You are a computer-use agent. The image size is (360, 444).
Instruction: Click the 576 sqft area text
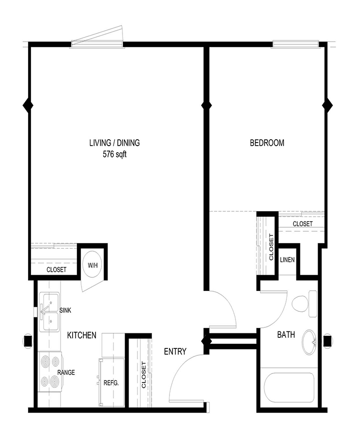coord(114,154)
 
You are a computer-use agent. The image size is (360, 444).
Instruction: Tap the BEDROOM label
coord(267,143)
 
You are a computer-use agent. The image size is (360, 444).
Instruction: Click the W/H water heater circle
coord(92,265)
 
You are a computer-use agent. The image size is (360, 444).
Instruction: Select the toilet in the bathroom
coord(304,304)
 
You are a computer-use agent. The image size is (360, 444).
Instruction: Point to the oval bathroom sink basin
coord(310,342)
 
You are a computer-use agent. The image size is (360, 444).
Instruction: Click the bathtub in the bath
coord(289,387)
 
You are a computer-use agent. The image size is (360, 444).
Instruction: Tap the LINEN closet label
coord(287,259)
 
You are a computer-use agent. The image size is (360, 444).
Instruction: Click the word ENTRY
coord(175,351)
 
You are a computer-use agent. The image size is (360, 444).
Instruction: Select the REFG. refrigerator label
coord(111,383)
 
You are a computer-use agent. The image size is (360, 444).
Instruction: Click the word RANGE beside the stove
coord(66,372)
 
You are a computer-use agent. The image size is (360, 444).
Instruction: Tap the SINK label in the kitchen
coord(65,310)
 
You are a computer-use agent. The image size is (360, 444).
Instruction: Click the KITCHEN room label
coord(81,335)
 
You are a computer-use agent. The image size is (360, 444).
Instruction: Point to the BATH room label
coord(286,335)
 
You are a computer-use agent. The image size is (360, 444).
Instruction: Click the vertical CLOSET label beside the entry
coord(143,374)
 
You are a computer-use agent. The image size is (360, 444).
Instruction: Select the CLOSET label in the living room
coord(56,270)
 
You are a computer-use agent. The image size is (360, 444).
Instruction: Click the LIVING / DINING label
coord(114,143)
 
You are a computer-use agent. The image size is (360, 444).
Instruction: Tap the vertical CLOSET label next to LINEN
coord(271,247)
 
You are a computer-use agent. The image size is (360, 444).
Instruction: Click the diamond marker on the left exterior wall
coord(28,105)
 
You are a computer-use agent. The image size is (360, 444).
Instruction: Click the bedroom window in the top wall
coord(294,44)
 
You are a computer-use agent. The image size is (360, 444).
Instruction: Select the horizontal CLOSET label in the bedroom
coord(302,224)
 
